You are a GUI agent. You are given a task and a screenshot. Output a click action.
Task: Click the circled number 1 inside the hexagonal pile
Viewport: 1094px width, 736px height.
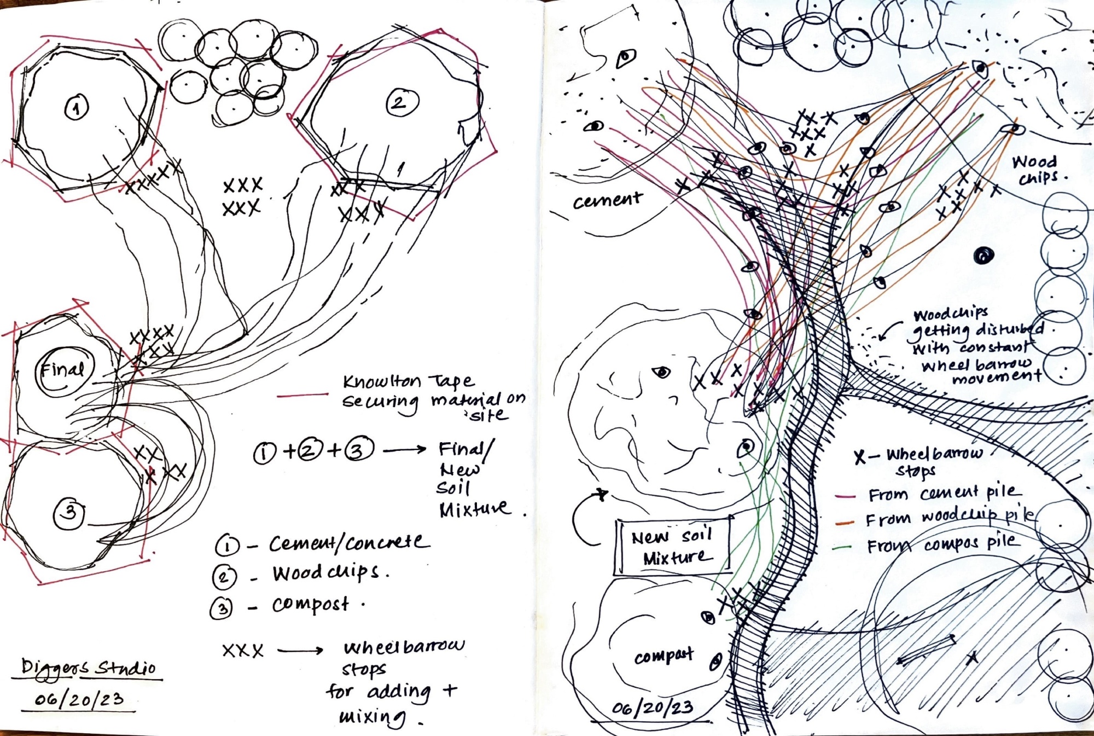pos(77,107)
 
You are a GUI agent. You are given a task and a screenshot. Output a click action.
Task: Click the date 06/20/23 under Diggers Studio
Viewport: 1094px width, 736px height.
pos(79,699)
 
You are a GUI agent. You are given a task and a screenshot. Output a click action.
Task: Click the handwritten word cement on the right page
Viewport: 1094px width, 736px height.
pos(607,200)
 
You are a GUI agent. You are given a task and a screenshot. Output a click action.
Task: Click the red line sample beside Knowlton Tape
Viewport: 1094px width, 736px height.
pos(302,395)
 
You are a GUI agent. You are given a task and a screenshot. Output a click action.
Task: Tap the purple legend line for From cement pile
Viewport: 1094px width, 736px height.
pos(845,496)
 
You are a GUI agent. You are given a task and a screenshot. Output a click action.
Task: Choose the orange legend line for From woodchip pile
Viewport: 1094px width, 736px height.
pos(845,522)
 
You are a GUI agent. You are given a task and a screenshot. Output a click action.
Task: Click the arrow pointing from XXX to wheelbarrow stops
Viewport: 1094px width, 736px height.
pos(300,650)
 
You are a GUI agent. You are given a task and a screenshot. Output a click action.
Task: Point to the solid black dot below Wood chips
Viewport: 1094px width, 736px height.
pos(984,256)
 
